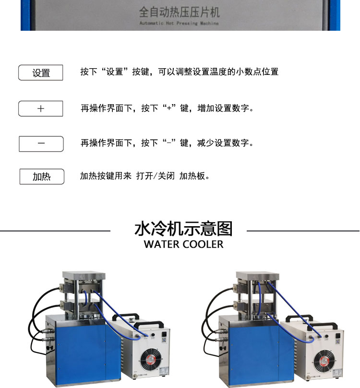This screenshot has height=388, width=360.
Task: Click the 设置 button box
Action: [41, 73]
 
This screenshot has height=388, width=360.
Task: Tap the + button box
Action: [41, 109]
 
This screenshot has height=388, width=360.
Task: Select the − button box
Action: [41, 144]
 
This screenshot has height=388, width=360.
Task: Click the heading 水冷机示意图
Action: [183, 229]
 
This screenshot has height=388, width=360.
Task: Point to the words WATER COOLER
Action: [183, 244]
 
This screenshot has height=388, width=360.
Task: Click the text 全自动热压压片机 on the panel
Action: [179, 12]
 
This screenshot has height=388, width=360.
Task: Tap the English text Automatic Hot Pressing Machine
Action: [179, 23]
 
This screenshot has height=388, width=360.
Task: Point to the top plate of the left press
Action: [84, 275]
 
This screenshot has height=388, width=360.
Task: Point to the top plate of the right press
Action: [258, 276]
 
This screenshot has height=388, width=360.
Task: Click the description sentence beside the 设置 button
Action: [180, 72]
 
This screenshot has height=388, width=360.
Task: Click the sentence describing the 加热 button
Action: [145, 176]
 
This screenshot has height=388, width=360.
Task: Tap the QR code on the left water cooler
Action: [164, 340]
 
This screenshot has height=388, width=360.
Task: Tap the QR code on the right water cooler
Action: [337, 342]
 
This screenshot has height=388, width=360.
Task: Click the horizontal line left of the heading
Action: [55, 231]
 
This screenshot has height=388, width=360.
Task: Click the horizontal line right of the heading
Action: [303, 231]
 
